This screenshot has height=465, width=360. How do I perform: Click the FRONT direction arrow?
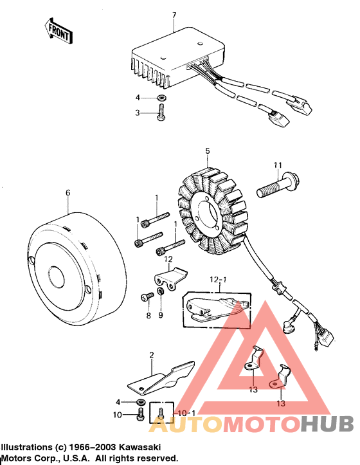point(57,30)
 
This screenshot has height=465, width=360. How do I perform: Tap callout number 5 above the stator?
point(208,152)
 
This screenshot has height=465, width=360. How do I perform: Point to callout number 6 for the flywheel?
point(67,192)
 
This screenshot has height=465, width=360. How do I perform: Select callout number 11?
point(277,166)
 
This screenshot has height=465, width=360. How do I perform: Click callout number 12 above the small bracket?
point(169,259)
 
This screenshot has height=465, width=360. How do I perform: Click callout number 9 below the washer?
point(161,315)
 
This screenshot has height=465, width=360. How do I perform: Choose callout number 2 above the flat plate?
point(152,355)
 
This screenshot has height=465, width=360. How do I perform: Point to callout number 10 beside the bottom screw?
point(118,415)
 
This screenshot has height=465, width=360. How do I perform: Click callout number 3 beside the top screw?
point(137,113)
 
